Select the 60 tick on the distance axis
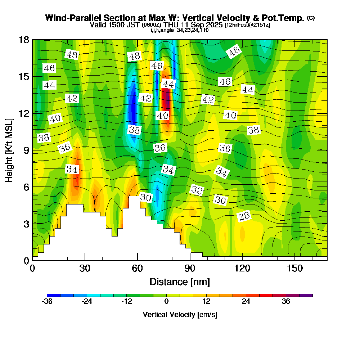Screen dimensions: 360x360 [x=137, y=268]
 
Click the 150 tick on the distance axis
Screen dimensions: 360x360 [x=295, y=268]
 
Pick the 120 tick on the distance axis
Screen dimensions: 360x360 [x=242, y=268]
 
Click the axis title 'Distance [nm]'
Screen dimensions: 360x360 [x=180, y=282]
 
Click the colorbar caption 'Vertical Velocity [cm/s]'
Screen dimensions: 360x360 [x=180, y=315]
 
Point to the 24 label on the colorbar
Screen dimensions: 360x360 [x=246, y=302]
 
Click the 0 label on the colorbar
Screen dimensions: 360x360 [x=166, y=302]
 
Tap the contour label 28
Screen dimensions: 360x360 [x=244, y=216]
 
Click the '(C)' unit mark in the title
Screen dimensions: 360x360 [x=311, y=18]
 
